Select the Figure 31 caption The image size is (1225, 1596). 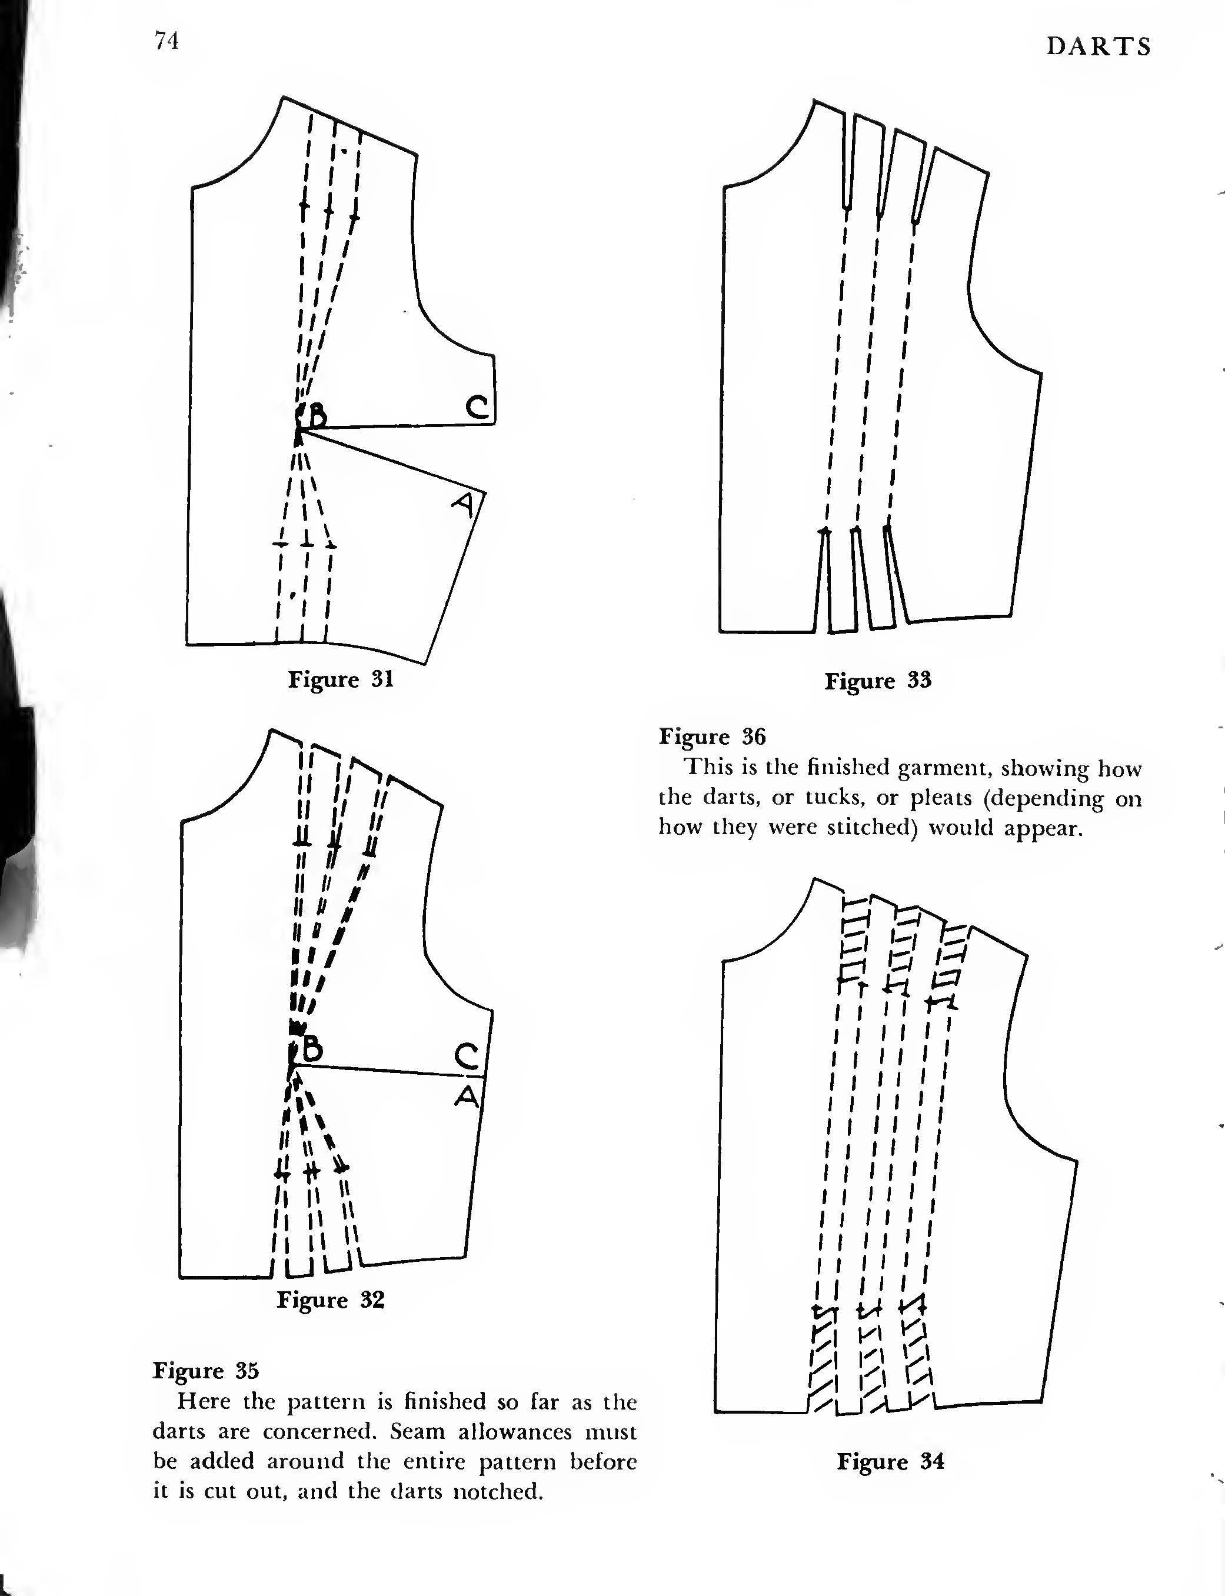tap(341, 679)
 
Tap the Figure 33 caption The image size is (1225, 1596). tap(878, 681)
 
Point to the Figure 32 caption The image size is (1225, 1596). tap(329, 1300)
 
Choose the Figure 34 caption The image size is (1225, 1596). tap(890, 1461)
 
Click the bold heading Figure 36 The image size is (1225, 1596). tap(712, 737)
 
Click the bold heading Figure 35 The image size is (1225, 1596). tap(205, 1371)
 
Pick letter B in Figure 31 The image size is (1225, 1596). tap(317, 417)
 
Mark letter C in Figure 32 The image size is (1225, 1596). tap(467, 1057)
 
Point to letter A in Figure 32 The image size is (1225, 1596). tap(467, 1095)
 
